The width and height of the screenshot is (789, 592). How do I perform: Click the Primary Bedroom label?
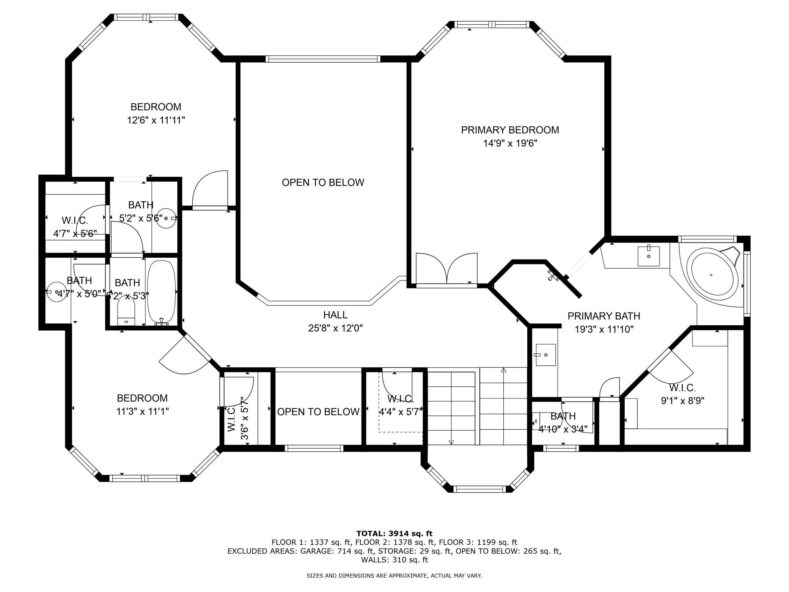510,130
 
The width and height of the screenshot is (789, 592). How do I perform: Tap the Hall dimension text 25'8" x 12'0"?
335,328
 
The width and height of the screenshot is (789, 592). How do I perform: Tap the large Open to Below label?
323,183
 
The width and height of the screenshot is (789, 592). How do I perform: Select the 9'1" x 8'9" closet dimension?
682,401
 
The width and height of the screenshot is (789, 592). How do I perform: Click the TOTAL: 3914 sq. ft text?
394,533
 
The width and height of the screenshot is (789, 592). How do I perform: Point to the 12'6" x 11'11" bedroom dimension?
156,120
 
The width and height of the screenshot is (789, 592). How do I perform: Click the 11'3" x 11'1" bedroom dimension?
142,411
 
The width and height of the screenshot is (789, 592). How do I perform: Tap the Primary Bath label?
604,316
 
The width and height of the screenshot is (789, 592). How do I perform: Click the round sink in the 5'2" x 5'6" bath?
166,219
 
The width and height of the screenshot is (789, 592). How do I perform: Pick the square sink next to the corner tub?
648,256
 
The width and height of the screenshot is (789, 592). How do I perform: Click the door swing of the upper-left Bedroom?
210,189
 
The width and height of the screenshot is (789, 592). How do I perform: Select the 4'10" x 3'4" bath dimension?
563,429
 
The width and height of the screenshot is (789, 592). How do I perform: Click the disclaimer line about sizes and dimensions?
394,576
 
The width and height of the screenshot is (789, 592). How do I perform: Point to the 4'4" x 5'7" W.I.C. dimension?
401,412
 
